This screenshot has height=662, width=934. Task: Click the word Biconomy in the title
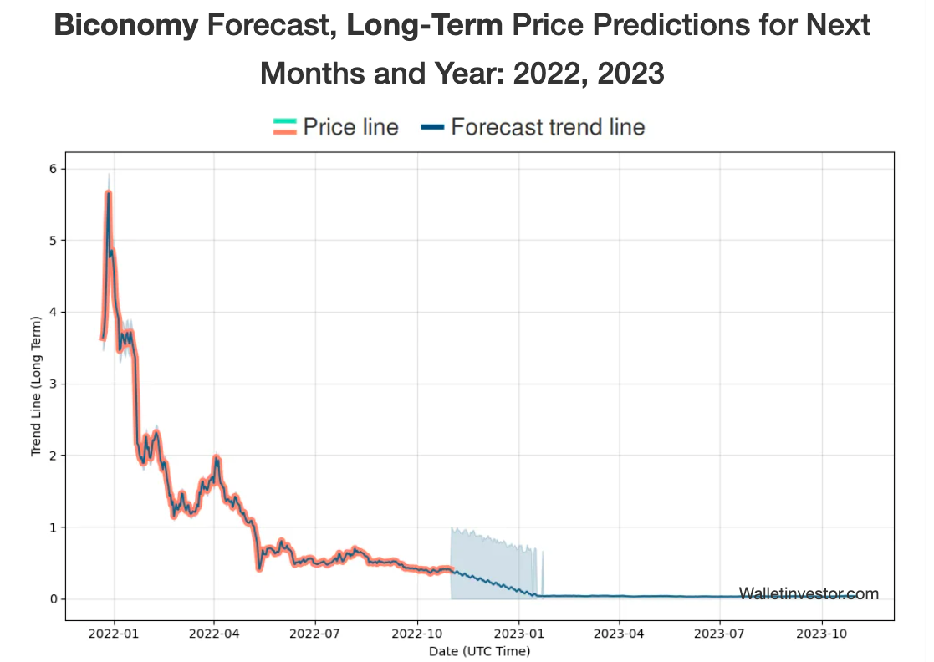pyautogui.click(x=125, y=26)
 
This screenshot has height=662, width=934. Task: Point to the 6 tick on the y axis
pyautogui.click(x=55, y=169)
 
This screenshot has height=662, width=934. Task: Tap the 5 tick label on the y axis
pyautogui.click(x=55, y=241)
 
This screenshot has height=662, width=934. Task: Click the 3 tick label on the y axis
pyautogui.click(x=55, y=384)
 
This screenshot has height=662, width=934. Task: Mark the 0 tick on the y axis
pyautogui.click(x=55, y=599)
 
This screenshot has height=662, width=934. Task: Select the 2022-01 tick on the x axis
pyautogui.click(x=114, y=634)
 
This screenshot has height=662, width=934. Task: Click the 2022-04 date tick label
pyautogui.click(x=214, y=634)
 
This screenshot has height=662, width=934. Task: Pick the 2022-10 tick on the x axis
pyautogui.click(x=417, y=634)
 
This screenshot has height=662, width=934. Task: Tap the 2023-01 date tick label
pyautogui.click(x=518, y=634)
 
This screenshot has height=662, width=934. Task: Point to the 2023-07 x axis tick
pyautogui.click(x=720, y=634)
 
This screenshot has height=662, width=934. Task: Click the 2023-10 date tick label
pyautogui.click(x=822, y=634)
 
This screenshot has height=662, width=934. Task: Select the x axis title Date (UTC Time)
pyautogui.click(x=479, y=650)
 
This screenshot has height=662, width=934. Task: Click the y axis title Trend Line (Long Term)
pyautogui.click(x=36, y=385)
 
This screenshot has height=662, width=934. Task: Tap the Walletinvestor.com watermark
pyautogui.click(x=809, y=593)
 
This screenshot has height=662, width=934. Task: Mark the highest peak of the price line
pyautogui.click(x=108, y=193)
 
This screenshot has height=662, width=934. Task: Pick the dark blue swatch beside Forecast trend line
pyautogui.click(x=432, y=127)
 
